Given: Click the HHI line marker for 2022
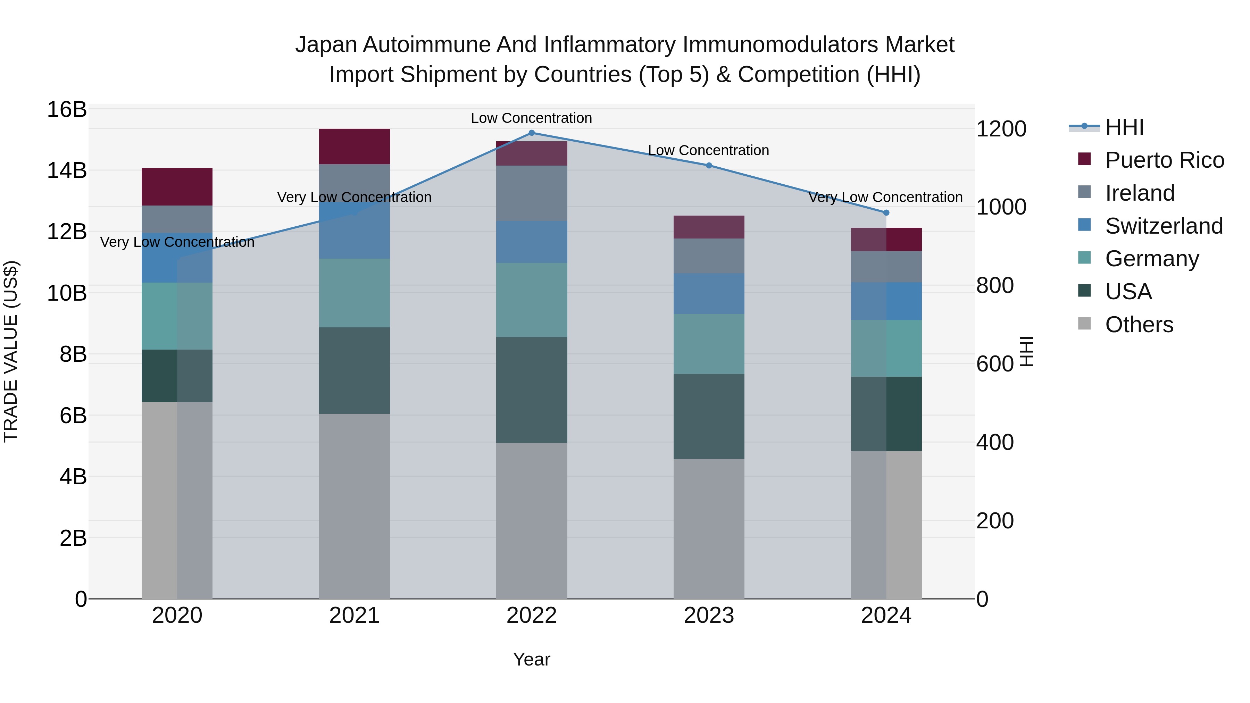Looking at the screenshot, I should pyautogui.click(x=531, y=133).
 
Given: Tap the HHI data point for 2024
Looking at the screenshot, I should pyautogui.click(x=886, y=212).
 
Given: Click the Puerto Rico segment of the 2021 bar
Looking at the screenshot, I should pyautogui.click(x=354, y=147).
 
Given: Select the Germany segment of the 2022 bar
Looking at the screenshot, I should pyautogui.click(x=531, y=300).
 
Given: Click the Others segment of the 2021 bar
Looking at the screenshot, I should pyautogui.click(x=354, y=506).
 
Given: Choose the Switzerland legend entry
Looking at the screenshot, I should pyautogui.click(x=1164, y=226).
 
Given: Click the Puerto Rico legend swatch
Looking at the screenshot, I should pyautogui.click(x=1084, y=159).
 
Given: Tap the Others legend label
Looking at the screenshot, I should pyautogui.click(x=1139, y=325).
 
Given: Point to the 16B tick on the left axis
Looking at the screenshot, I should pyautogui.click(x=66, y=110).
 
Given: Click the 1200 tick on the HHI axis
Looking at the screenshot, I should pyautogui.click(x=1001, y=129).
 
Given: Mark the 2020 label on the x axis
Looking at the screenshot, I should pyautogui.click(x=177, y=616).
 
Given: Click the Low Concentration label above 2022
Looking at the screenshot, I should pyautogui.click(x=531, y=118).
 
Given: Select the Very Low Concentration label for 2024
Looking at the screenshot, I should pyautogui.click(x=885, y=198).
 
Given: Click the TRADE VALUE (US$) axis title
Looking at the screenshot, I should pyautogui.click(x=11, y=351).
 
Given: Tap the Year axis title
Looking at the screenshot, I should pyautogui.click(x=531, y=659).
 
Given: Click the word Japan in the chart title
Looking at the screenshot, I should pyautogui.click(x=326, y=45).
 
